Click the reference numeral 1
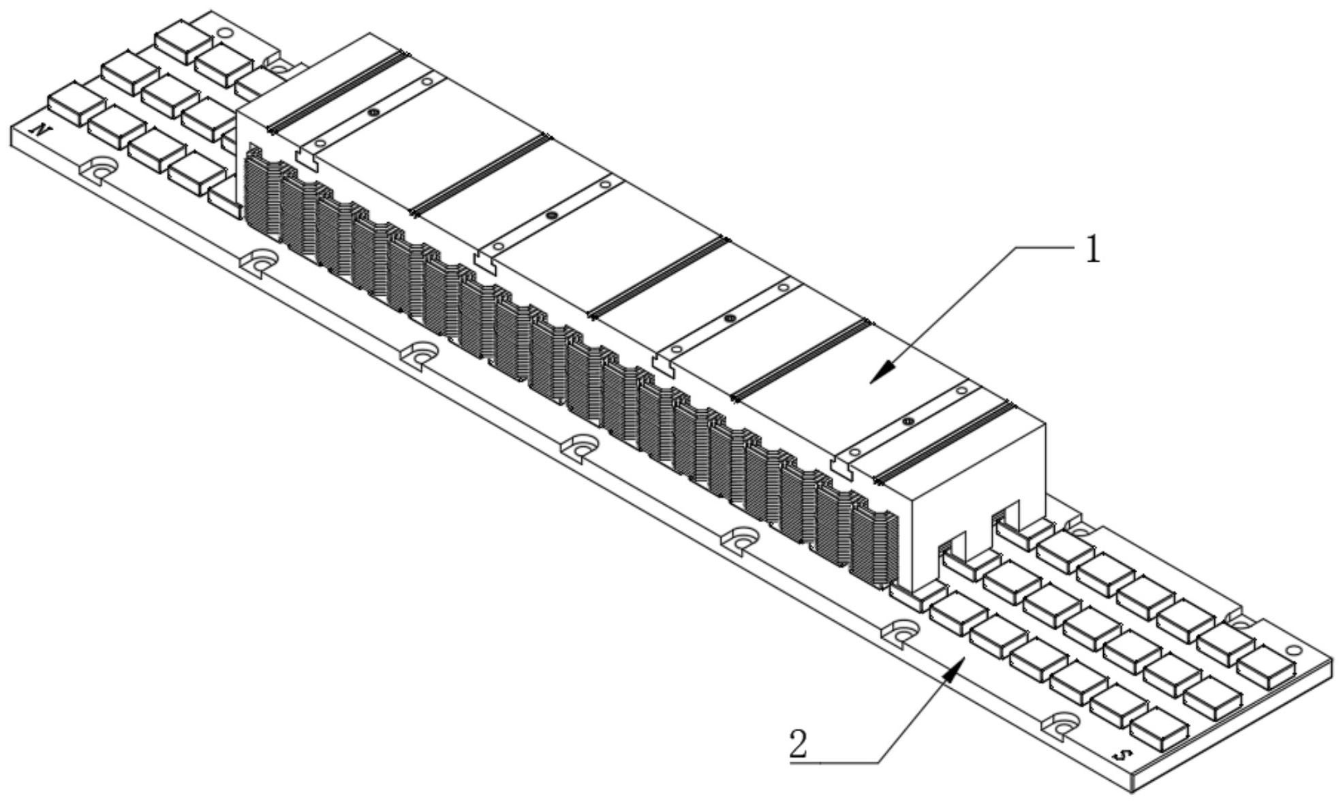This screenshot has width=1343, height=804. click(1092, 251)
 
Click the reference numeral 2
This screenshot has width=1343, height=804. click(798, 744)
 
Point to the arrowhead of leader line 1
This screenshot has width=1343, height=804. click(882, 372)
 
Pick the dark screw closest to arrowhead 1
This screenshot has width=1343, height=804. click(908, 422)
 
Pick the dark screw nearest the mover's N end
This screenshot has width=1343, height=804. click(372, 112)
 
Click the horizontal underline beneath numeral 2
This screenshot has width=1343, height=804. click(834, 762)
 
